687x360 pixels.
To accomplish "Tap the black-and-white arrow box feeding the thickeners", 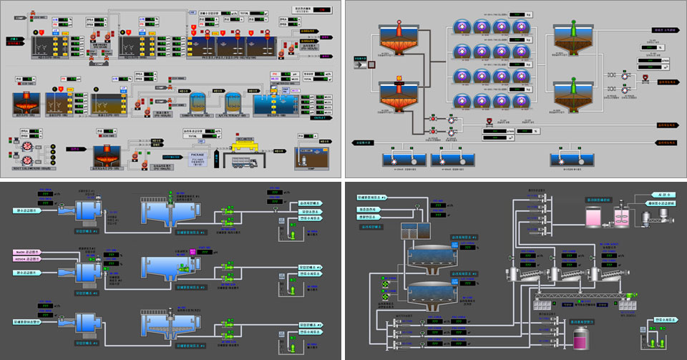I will pyautogui.click(x=370, y=65).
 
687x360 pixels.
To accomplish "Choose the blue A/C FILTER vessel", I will pyautogui.click(x=234, y=103).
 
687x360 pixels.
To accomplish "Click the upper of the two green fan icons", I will pyautogui.click(x=385, y=283).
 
